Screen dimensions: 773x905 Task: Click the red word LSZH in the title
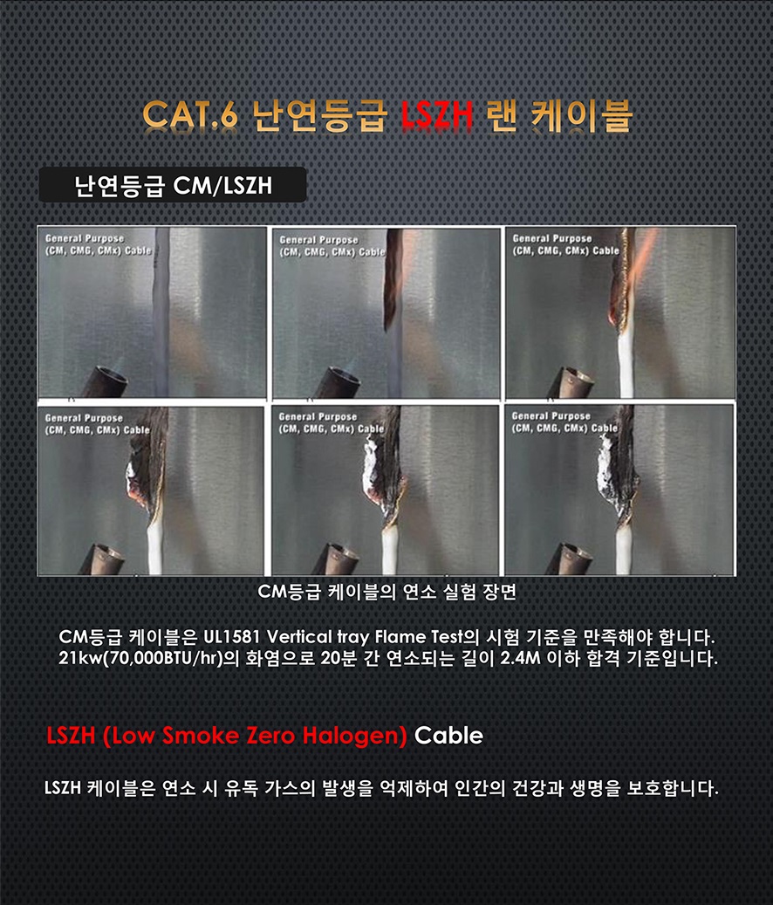coord(437,115)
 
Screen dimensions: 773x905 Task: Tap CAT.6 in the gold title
coord(190,115)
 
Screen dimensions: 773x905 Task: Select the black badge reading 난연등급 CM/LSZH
coord(173,185)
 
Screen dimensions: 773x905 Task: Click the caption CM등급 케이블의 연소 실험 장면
coord(386,592)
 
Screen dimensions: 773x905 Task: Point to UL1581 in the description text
coord(232,637)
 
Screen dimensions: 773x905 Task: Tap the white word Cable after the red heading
coord(448,736)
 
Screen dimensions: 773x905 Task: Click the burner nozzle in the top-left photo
coord(106,381)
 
